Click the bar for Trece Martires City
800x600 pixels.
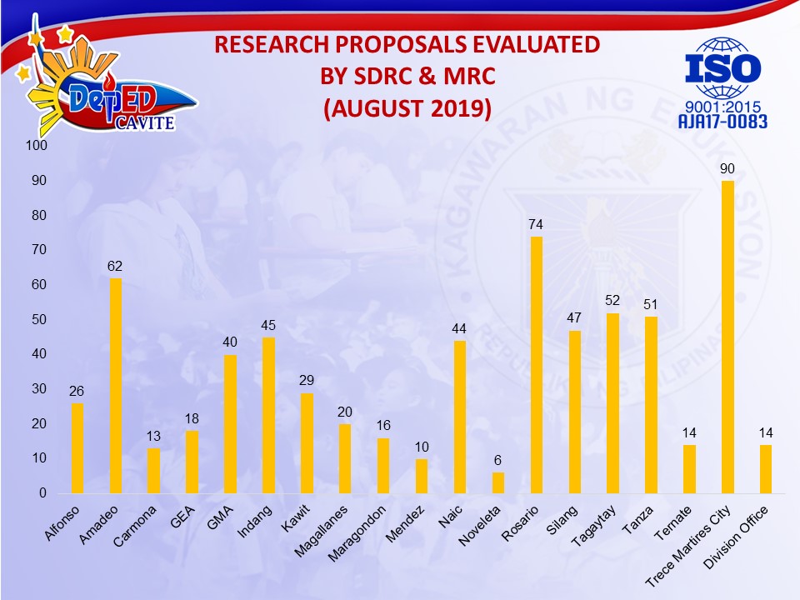(727, 337)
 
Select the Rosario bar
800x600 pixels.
(536, 365)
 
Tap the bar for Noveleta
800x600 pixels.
(497, 482)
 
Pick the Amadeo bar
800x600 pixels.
(116, 386)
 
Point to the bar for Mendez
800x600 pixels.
(422, 476)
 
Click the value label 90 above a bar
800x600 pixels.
(727, 169)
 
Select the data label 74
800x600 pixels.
(536, 225)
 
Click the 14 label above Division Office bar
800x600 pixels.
(766, 433)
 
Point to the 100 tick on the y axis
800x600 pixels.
(38, 146)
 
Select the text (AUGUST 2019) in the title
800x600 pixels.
(407, 108)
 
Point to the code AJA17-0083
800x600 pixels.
(723, 122)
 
